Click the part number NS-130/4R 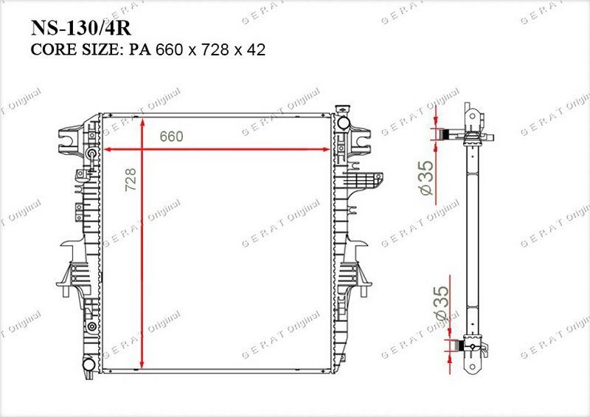point(81,28)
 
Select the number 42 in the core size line point(256,49)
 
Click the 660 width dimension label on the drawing point(171,137)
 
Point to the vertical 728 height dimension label point(131,179)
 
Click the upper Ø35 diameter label point(426,178)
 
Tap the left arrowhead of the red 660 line point(106,150)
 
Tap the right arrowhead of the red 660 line point(326,150)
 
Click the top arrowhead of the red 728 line point(142,123)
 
